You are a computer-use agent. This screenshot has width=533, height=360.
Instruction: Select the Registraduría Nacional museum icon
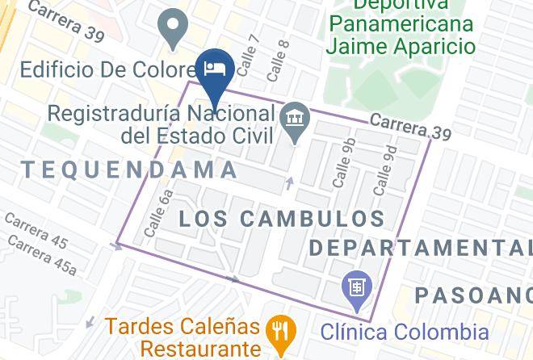click(x=296, y=119)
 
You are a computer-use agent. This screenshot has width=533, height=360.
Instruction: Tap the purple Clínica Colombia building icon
click(x=356, y=287)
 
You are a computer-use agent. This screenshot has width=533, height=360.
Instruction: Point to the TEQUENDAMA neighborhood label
click(x=130, y=170)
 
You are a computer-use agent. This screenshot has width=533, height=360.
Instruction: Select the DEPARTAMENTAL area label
click(x=420, y=246)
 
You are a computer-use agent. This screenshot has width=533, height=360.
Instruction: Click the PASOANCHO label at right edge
click(x=472, y=295)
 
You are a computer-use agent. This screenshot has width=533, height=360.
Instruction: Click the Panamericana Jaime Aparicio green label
click(x=401, y=34)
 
